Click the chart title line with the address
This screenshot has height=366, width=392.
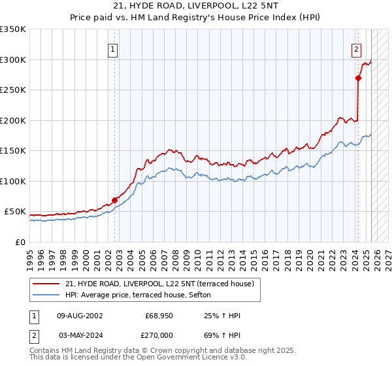(x=195, y=6)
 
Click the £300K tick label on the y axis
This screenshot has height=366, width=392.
(x=13, y=59)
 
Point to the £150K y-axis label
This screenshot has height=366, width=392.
(x=13, y=151)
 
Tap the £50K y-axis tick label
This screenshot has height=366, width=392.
(x=16, y=212)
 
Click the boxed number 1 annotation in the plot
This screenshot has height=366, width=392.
(x=114, y=48)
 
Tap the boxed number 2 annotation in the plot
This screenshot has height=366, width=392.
(x=357, y=48)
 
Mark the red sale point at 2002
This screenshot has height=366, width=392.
(x=114, y=200)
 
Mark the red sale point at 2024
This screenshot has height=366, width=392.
(x=358, y=78)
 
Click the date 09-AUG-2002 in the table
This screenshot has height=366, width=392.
(x=80, y=316)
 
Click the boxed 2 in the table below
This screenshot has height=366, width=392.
(x=33, y=335)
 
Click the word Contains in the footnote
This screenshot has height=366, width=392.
(x=46, y=350)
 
